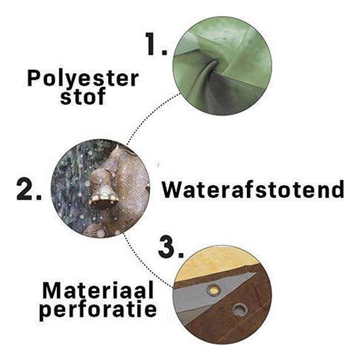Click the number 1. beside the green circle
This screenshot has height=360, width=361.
point(157,44)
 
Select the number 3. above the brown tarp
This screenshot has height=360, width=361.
point(171,246)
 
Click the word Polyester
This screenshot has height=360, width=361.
point(83,80)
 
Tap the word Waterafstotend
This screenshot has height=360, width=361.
point(253,190)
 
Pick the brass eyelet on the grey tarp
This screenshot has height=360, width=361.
point(214,289)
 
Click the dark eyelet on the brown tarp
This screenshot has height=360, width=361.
point(240,310)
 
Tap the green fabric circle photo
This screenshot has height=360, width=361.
point(222,66)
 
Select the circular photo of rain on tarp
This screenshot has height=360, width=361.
point(100,188)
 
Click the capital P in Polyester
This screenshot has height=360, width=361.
point(35,78)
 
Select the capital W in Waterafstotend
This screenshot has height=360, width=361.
point(173,190)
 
